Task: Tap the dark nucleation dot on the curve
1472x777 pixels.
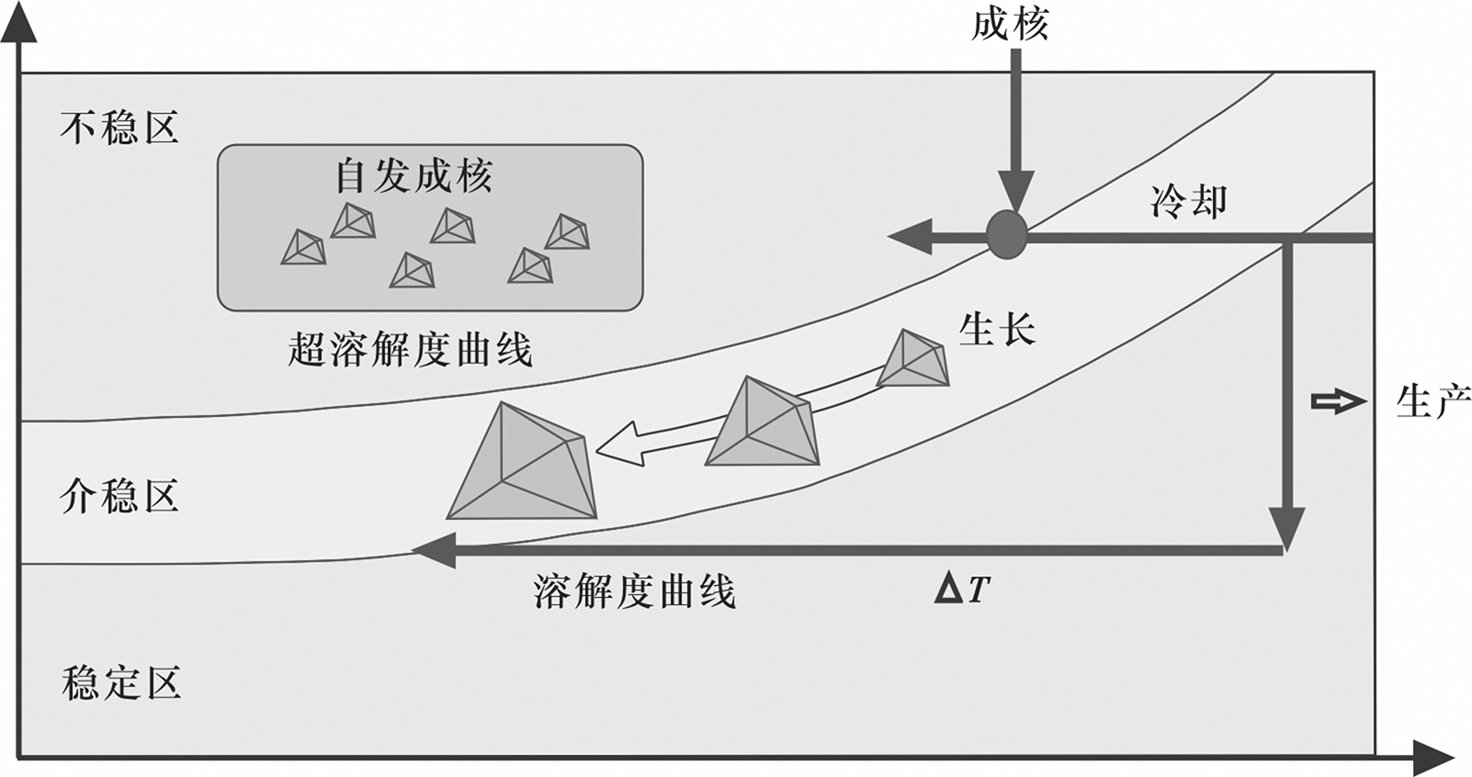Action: click(x=1007, y=234)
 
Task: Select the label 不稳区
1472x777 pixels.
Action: click(x=119, y=128)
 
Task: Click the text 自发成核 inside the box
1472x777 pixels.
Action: click(x=413, y=175)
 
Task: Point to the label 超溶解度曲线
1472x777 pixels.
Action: click(x=410, y=350)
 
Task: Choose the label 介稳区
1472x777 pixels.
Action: click(x=119, y=496)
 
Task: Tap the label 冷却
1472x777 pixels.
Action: click(x=1188, y=201)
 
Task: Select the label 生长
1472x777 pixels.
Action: click(x=996, y=329)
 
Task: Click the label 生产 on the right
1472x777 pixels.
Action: click(x=1432, y=401)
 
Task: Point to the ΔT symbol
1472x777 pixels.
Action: click(x=962, y=589)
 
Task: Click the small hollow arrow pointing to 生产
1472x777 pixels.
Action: click(x=1338, y=401)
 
